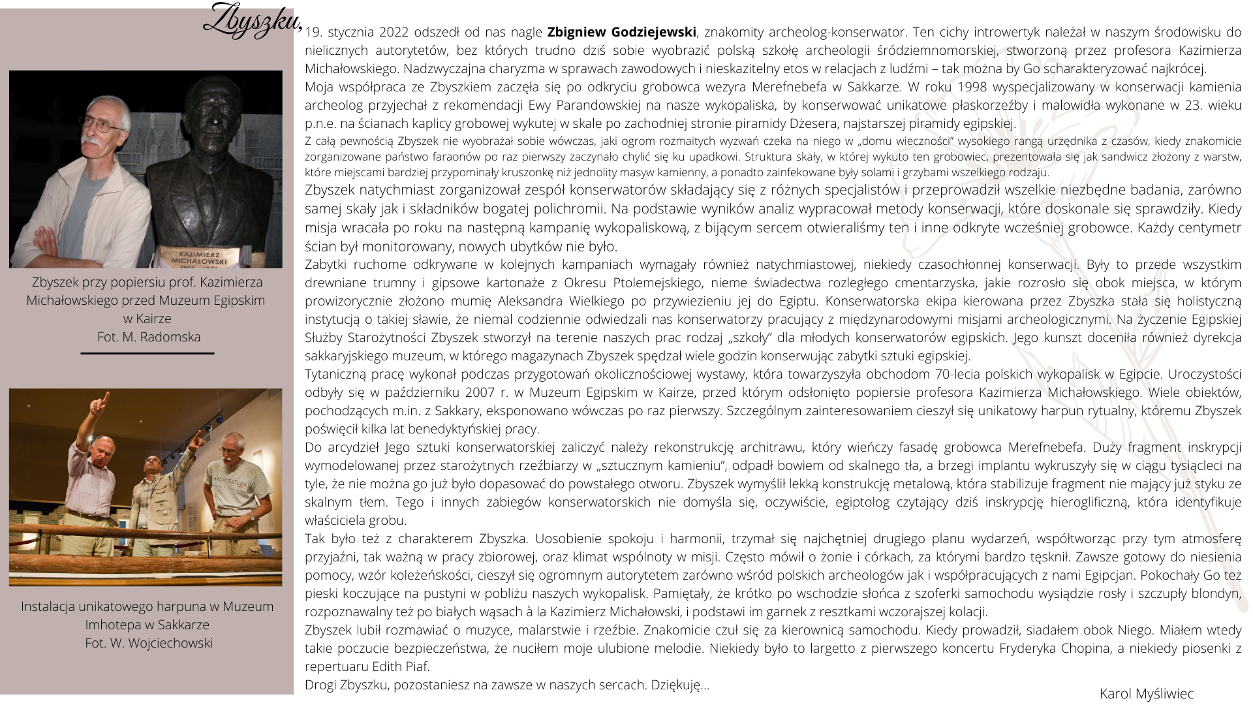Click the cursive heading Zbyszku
(252, 21)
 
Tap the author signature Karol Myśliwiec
(1146, 694)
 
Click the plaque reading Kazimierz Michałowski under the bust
(199, 258)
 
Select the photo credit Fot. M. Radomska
(149, 337)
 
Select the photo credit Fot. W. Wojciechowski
(149, 643)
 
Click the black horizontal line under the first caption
(147, 353)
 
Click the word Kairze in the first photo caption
(154, 319)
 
